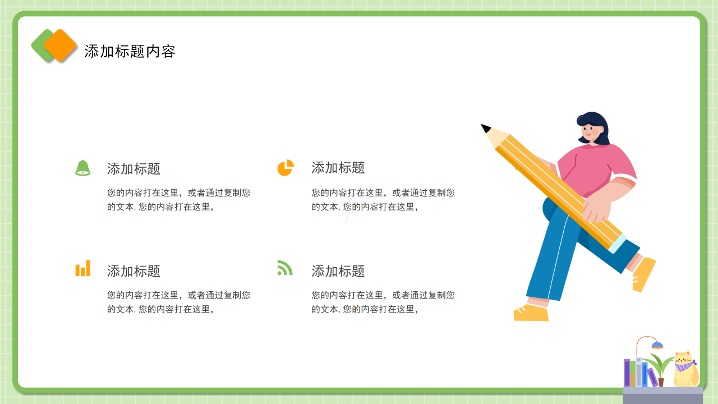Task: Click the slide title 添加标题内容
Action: pyautogui.click(x=130, y=51)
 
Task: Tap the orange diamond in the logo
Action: pyautogui.click(x=61, y=45)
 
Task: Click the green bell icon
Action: pyautogui.click(x=83, y=168)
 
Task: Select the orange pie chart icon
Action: pyautogui.click(x=286, y=168)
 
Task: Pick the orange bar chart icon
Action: pyautogui.click(x=83, y=269)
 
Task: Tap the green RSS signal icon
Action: pyautogui.click(x=285, y=268)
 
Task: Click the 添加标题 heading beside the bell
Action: pyautogui.click(x=134, y=168)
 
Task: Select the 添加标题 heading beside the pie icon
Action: pyautogui.click(x=338, y=167)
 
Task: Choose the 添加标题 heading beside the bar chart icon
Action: pyautogui.click(x=134, y=271)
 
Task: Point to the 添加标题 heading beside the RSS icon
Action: pyautogui.click(x=338, y=271)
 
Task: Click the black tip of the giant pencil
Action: pyautogui.click(x=485, y=128)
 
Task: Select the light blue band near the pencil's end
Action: pyautogui.click(x=618, y=244)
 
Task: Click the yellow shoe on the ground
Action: pyautogui.click(x=531, y=313)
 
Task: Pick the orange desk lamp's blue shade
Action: pyautogui.click(x=657, y=345)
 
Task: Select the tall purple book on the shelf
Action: pyautogui.click(x=627, y=373)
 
